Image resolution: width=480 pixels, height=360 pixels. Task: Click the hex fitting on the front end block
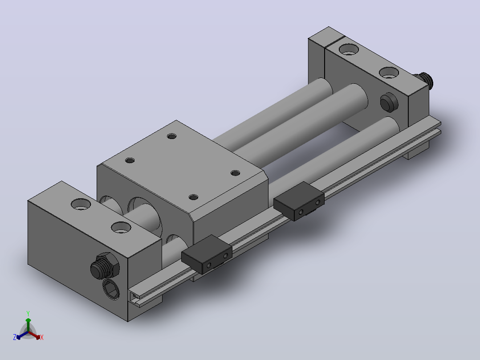coord(105,266)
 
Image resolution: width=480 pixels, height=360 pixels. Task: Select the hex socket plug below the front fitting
coord(111,289)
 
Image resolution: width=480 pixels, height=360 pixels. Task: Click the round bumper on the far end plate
coord(389,102)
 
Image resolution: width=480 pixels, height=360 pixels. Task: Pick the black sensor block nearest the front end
coord(207,254)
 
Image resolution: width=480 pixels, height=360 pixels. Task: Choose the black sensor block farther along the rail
coord(299,201)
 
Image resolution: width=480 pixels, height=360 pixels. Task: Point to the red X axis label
coord(42,337)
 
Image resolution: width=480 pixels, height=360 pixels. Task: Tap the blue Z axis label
coord(14,337)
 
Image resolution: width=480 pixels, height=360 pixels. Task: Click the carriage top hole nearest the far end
coord(172,136)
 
